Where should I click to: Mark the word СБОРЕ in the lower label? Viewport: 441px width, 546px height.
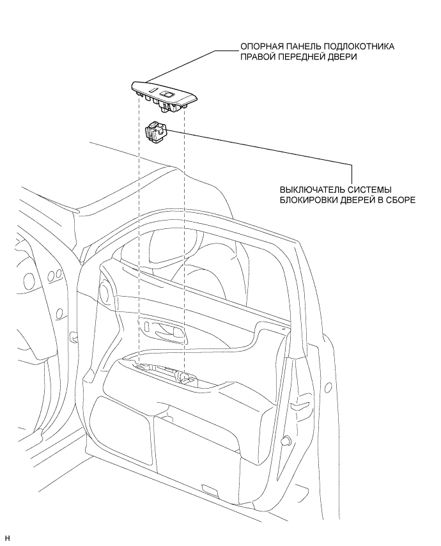[x=400, y=199]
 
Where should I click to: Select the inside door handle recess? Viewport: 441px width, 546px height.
[x=167, y=330]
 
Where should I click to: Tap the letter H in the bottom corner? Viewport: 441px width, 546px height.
[x=7, y=537]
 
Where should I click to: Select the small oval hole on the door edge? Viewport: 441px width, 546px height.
[x=328, y=387]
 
